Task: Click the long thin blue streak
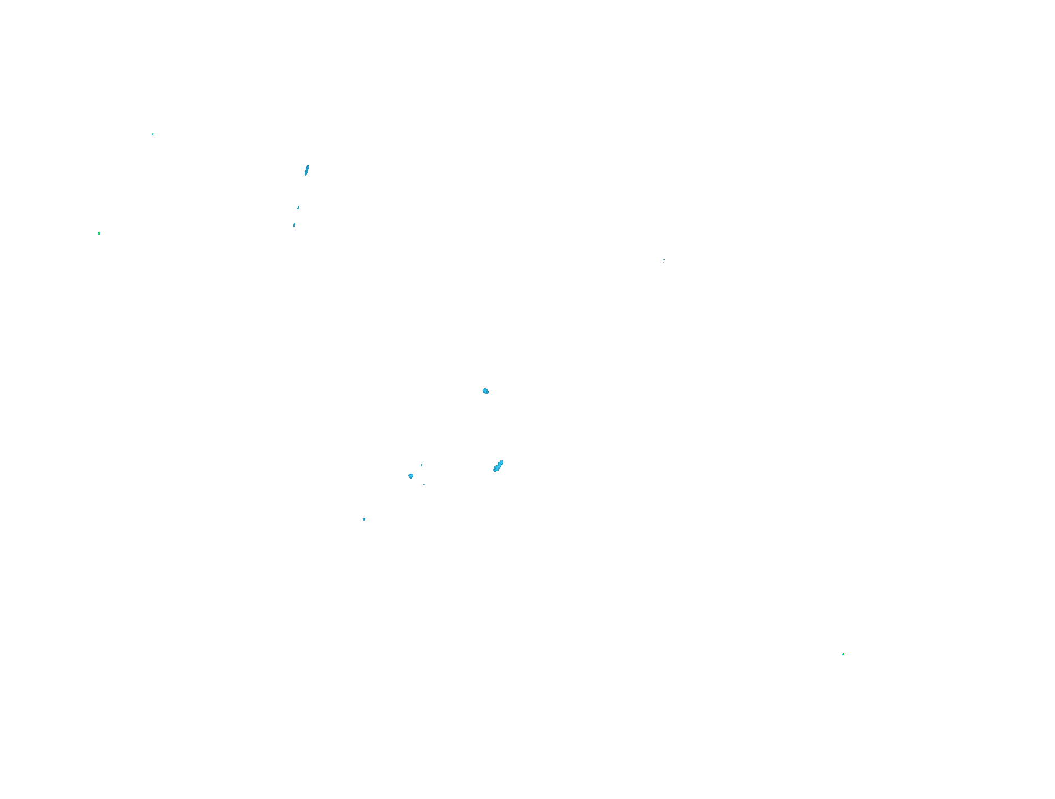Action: click(306, 170)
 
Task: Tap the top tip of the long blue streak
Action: click(308, 165)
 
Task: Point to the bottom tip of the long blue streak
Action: click(305, 175)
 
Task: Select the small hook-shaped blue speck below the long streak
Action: click(298, 208)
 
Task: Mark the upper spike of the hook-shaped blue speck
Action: click(298, 206)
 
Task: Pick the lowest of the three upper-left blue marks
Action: click(294, 226)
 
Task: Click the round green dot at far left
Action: click(99, 233)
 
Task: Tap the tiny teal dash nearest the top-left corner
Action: click(153, 134)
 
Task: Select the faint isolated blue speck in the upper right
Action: click(664, 260)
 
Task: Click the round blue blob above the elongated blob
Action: click(485, 391)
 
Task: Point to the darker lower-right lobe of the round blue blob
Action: click(487, 393)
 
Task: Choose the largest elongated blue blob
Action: click(498, 466)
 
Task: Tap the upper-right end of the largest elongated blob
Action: click(501, 461)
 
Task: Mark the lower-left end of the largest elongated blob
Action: click(495, 471)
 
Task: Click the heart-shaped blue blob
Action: click(411, 476)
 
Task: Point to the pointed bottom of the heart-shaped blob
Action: click(411, 478)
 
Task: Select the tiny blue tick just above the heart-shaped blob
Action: click(422, 465)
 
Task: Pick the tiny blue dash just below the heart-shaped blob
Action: click(424, 484)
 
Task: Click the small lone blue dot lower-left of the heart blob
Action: click(364, 519)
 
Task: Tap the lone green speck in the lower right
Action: click(843, 654)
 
